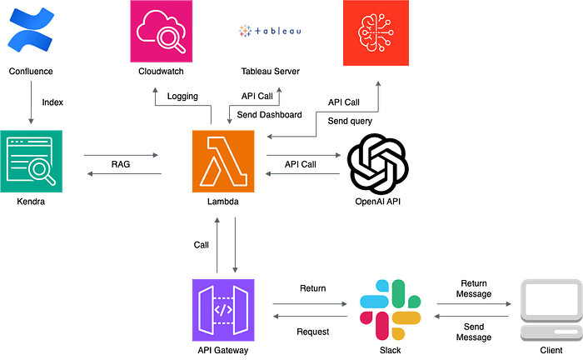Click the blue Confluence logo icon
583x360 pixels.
coord(32,32)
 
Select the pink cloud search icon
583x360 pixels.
coord(160,32)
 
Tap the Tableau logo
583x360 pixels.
coord(270,32)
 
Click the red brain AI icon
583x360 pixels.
coord(376,33)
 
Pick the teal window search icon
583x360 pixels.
coord(31,162)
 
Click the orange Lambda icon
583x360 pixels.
coord(223,162)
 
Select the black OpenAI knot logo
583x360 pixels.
coord(377,163)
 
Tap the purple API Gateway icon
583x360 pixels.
coord(223,309)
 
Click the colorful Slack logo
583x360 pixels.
coord(390,309)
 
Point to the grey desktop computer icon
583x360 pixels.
coord(550,309)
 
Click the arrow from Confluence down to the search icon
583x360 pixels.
coord(31,100)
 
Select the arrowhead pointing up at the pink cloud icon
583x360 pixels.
coord(155,87)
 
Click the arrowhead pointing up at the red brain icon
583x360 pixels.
coord(378,83)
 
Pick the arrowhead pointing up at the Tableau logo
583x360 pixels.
coord(280,87)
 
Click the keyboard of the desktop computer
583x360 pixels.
coord(550,333)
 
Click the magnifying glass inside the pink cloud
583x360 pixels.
coord(164,36)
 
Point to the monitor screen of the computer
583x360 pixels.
coord(550,297)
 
